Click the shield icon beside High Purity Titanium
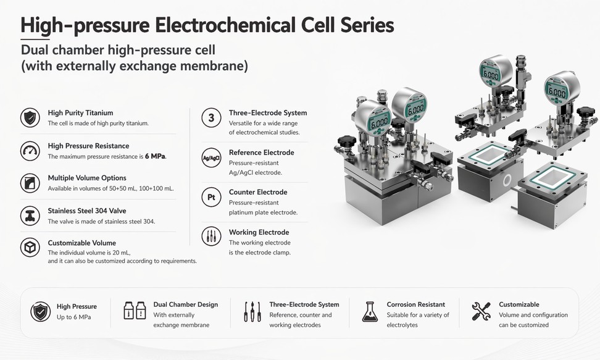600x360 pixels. click(x=30, y=117)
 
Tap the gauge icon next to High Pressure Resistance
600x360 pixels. click(x=30, y=151)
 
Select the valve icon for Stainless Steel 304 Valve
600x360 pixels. click(x=30, y=216)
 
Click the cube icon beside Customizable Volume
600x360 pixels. click(x=30, y=248)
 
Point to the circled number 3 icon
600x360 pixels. click(x=211, y=118)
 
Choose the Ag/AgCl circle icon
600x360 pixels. click(x=211, y=158)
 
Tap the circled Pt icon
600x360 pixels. click(x=211, y=197)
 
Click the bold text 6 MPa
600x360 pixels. click(x=156, y=156)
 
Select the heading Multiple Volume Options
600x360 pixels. click(x=87, y=178)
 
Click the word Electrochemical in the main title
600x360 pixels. click(x=225, y=25)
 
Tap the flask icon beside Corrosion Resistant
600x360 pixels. click(x=370, y=312)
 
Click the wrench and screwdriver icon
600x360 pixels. click(x=481, y=311)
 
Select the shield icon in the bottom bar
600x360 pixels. click(x=40, y=312)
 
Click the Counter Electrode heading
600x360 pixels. click(x=258, y=192)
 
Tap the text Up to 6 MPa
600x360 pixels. click(x=74, y=317)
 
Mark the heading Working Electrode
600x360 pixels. click(x=259, y=232)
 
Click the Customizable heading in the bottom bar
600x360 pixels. click(x=519, y=304)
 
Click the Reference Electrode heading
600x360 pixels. click(x=262, y=153)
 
